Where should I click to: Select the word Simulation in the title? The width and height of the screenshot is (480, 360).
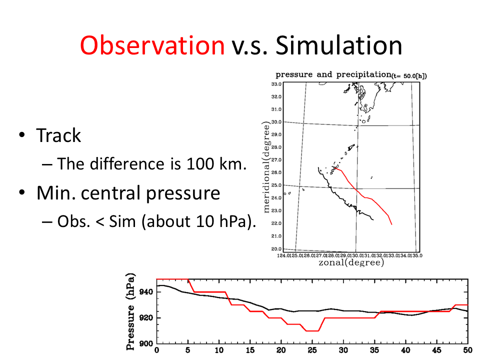click(x=339, y=46)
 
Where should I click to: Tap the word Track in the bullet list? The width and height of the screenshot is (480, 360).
click(x=58, y=135)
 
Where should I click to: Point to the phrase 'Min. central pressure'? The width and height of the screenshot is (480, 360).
click(x=128, y=193)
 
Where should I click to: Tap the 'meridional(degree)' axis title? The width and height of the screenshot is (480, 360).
click(x=266, y=167)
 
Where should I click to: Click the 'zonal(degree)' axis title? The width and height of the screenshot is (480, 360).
click(x=351, y=262)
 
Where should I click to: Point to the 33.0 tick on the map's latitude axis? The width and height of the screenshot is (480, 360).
click(x=276, y=84)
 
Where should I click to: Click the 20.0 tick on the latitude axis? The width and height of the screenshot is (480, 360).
click(x=276, y=248)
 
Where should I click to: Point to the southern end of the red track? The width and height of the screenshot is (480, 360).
click(x=391, y=224)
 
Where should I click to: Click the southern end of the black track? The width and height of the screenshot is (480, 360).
click(x=373, y=219)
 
